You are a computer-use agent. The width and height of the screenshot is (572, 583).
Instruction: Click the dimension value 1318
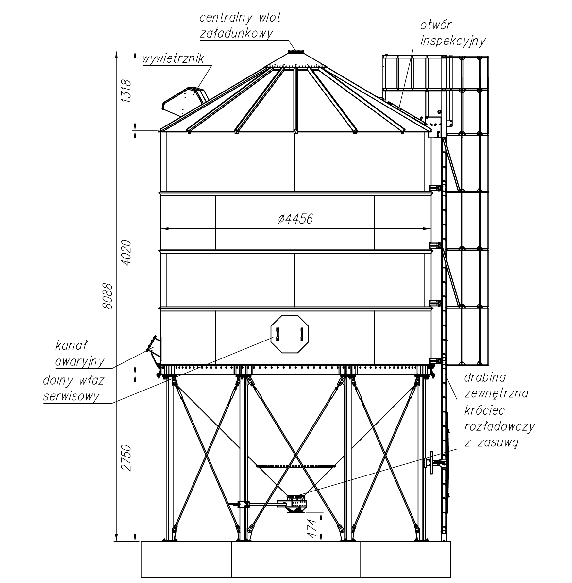(x=126, y=91)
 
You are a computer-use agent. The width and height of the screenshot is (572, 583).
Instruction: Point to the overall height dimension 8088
(x=107, y=296)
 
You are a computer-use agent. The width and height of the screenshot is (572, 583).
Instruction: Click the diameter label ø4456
(x=295, y=219)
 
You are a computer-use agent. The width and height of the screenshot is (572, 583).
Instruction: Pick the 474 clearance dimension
(x=312, y=528)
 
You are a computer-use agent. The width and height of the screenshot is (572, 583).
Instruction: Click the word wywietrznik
(x=173, y=59)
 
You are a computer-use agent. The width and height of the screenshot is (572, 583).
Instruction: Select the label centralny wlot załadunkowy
(x=240, y=25)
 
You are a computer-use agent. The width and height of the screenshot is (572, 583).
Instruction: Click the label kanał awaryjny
(x=79, y=354)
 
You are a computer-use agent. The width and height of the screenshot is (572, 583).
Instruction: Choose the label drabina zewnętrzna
(x=496, y=386)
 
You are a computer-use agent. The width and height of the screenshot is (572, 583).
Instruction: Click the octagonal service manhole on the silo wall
(x=290, y=334)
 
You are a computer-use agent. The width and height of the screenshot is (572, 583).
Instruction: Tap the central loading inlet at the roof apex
(x=296, y=51)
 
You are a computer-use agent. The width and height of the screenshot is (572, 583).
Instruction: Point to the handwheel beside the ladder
(x=431, y=462)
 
